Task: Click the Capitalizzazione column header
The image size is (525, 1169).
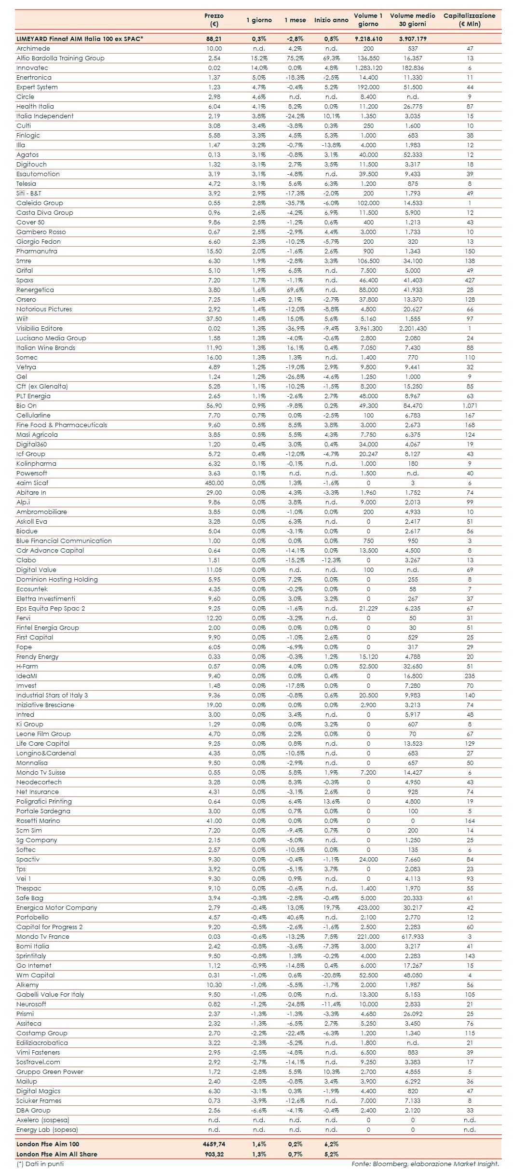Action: (x=469, y=20)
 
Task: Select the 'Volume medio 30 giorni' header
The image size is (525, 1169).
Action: (x=412, y=20)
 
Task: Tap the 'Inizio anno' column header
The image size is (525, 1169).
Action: (x=331, y=20)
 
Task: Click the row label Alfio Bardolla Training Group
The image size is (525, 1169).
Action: (x=60, y=58)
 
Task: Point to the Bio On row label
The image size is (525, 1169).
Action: (x=27, y=406)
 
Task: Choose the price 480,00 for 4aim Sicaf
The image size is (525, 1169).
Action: (x=214, y=483)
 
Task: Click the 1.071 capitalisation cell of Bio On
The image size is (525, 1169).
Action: (x=470, y=406)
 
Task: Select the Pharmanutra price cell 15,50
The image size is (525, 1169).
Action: (x=214, y=251)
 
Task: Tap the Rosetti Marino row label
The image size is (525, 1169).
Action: (x=38, y=821)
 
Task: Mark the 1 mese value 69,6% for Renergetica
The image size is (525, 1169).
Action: (x=294, y=290)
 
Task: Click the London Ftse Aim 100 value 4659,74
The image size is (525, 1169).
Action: (x=214, y=1144)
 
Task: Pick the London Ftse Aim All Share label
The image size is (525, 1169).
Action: (x=57, y=1154)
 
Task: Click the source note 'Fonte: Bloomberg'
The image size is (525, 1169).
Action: (x=425, y=1164)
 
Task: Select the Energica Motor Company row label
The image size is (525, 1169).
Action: (x=57, y=908)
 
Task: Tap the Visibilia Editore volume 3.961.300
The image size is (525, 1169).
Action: (x=368, y=329)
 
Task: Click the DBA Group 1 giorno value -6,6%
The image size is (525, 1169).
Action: (x=259, y=1111)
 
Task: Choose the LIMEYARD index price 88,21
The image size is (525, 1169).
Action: (x=214, y=39)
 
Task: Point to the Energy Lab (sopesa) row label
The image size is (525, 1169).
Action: (x=47, y=1130)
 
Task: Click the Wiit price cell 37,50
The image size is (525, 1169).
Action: (x=214, y=319)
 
